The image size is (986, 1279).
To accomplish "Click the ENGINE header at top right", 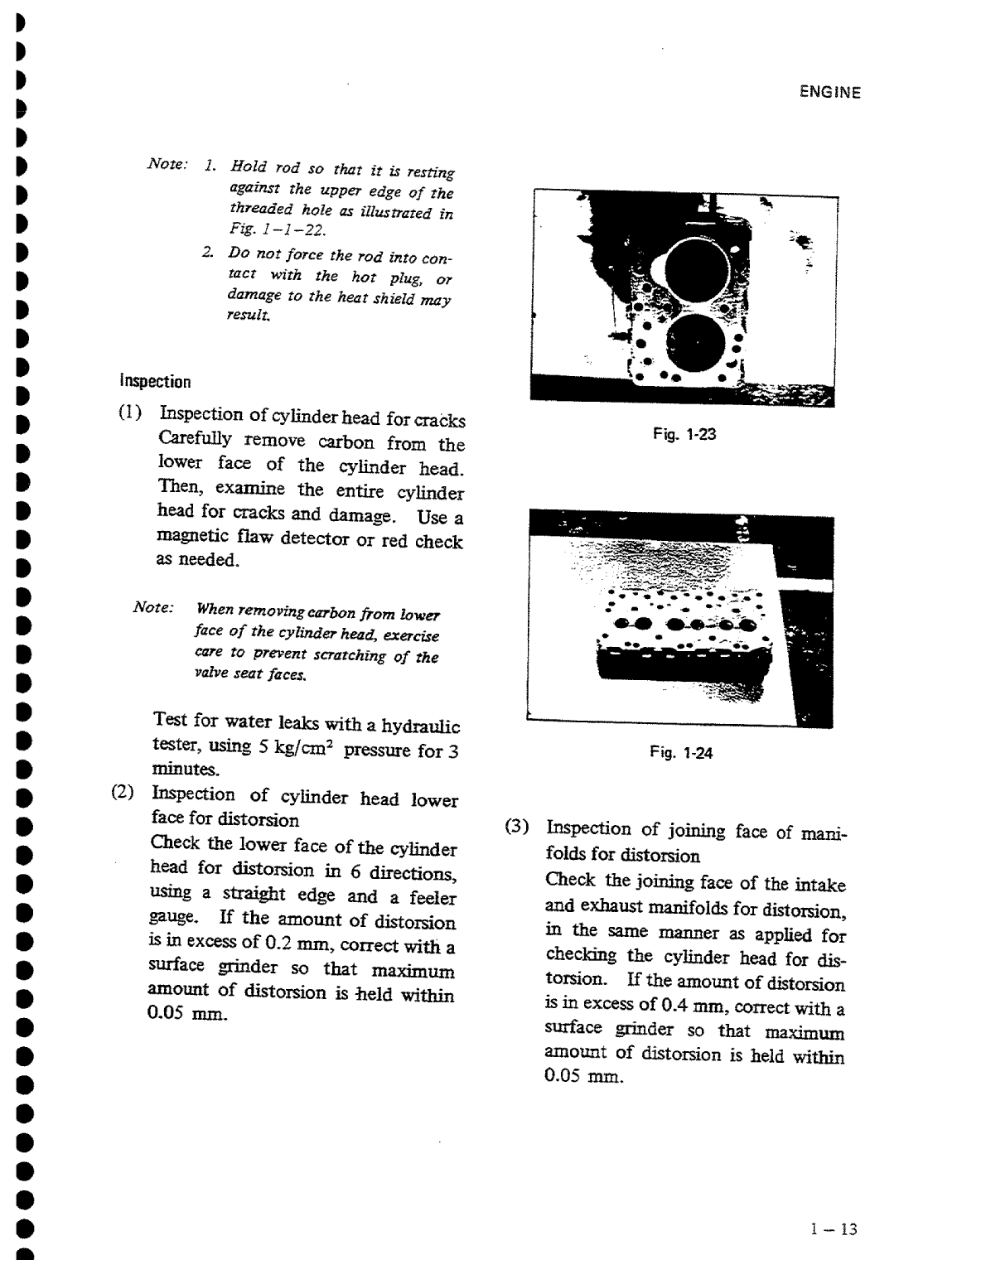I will [x=830, y=93].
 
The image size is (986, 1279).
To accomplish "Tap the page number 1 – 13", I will [x=834, y=1229].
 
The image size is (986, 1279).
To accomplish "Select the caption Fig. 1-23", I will [x=684, y=434].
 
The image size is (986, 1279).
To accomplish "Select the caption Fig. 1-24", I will [x=681, y=753].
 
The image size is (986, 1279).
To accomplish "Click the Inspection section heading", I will [x=156, y=382].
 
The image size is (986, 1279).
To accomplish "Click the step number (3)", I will [x=517, y=826].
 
